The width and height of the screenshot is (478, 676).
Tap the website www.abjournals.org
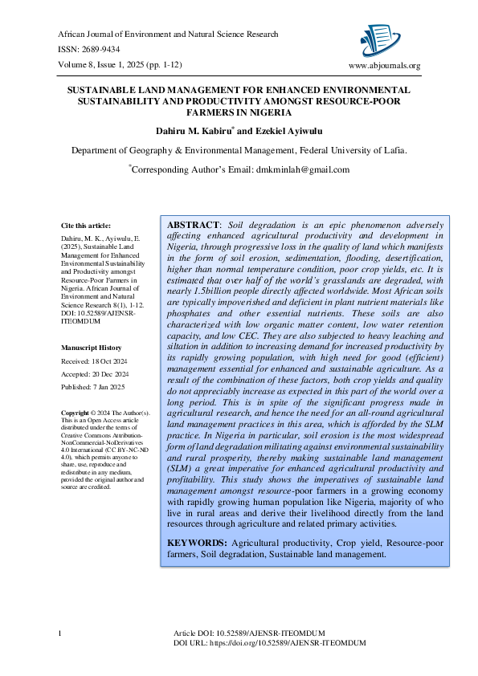[384, 66]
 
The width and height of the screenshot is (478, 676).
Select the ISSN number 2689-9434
[106, 50]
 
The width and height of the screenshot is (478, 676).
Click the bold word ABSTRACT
[193, 223]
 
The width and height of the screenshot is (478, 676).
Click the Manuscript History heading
[92, 348]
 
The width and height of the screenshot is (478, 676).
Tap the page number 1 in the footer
[61, 635]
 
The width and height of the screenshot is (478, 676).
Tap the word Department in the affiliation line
[100, 150]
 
